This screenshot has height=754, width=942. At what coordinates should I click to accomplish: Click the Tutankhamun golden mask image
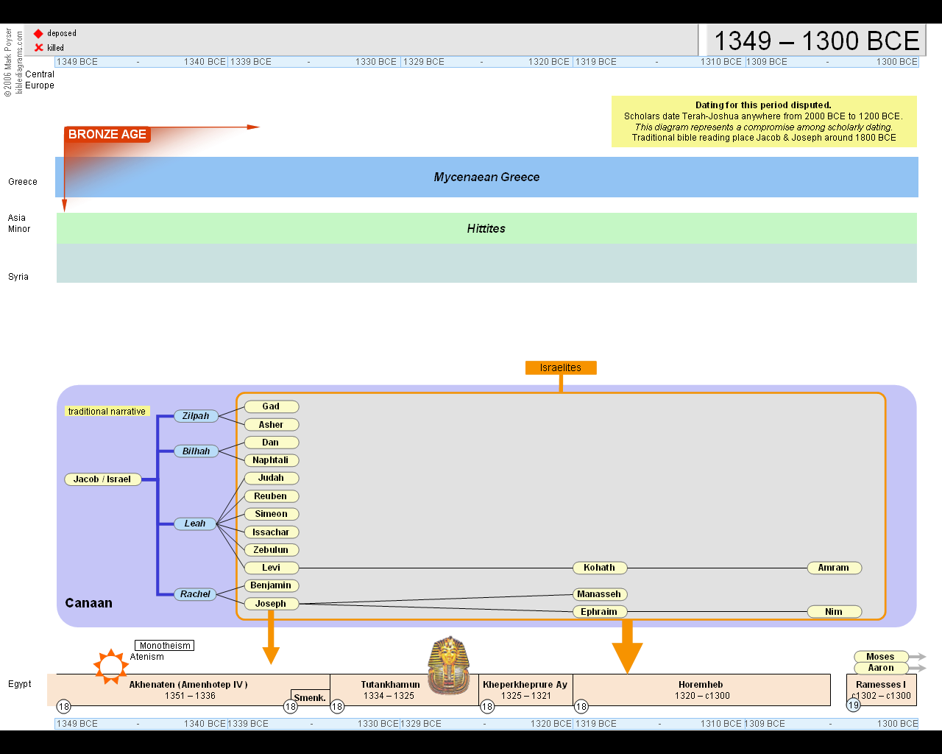pyautogui.click(x=449, y=666)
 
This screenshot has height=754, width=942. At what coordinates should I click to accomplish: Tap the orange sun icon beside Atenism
pyautogui.click(x=110, y=667)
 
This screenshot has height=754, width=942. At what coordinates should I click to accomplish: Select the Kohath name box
pyautogui.click(x=599, y=568)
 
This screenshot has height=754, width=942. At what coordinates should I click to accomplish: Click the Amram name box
pyautogui.click(x=833, y=568)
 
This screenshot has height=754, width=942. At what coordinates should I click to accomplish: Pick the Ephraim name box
pyautogui.click(x=599, y=612)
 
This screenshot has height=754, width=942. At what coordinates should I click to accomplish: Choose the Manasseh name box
pyautogui.click(x=599, y=594)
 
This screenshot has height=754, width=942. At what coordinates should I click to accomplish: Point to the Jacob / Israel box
pyautogui.click(x=102, y=479)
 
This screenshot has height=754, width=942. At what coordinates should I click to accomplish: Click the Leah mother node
pyautogui.click(x=195, y=524)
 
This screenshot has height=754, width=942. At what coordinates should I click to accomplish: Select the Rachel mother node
pyautogui.click(x=195, y=594)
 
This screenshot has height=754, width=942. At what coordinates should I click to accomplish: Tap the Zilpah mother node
pyautogui.click(x=196, y=416)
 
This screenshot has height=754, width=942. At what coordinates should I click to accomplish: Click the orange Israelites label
pyautogui.click(x=561, y=367)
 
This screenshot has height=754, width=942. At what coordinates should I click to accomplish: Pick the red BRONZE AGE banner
pyautogui.click(x=107, y=134)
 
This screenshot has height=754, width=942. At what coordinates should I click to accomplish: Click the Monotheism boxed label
pyautogui.click(x=165, y=646)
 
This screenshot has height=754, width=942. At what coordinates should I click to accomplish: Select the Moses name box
pyautogui.click(x=880, y=657)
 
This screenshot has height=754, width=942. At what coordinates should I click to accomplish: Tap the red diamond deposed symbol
pyautogui.click(x=38, y=34)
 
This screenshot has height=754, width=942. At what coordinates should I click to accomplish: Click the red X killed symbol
pyautogui.click(x=39, y=48)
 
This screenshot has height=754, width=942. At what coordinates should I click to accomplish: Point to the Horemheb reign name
pyautogui.click(x=701, y=685)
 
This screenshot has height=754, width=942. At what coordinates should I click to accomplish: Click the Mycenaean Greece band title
pyautogui.click(x=486, y=177)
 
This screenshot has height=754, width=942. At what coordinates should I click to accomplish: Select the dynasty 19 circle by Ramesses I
pyautogui.click(x=853, y=705)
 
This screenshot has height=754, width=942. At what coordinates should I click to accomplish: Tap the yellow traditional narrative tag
pyautogui.click(x=107, y=412)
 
